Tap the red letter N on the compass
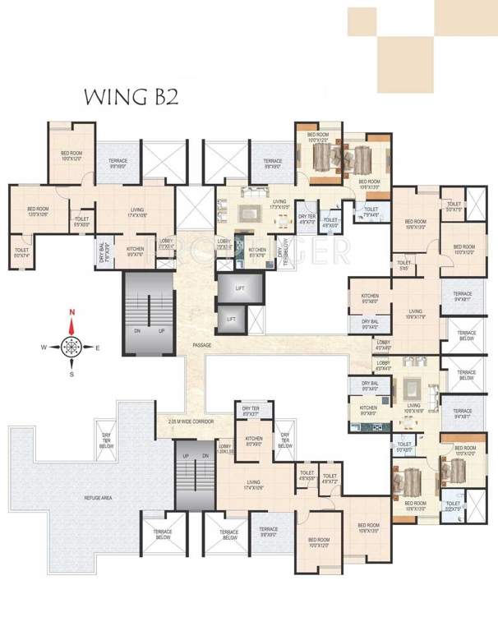72,312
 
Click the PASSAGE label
201,346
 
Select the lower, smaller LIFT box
232,319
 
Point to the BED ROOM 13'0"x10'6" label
39,212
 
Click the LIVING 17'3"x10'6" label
279,205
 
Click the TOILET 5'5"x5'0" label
82,221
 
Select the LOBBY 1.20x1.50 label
225,448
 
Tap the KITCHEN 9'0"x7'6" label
135,251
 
